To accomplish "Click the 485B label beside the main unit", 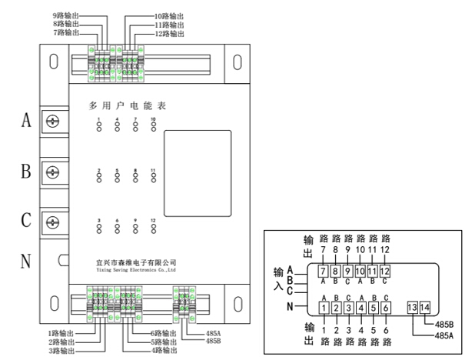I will pos(214,342).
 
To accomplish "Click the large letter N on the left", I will pos(25,262).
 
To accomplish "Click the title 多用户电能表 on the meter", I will pos(127,104).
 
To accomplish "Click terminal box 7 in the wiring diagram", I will pos(324,271).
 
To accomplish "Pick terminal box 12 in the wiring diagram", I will pos(385,271).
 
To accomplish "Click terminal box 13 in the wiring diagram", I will pos(412,308).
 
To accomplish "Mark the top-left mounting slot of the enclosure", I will pos(54,61).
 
